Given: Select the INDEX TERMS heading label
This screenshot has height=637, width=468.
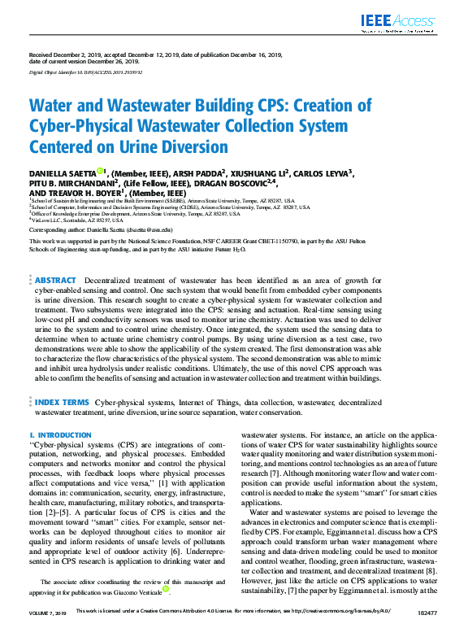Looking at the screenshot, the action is [61, 402].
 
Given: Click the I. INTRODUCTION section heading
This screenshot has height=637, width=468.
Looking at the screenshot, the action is [60, 435].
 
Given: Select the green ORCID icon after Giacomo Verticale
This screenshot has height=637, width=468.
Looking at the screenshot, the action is [165, 588].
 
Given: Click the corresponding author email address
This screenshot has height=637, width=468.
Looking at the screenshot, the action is [159, 229].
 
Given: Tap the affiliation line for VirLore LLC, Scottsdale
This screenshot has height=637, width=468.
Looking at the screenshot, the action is [65, 220].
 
